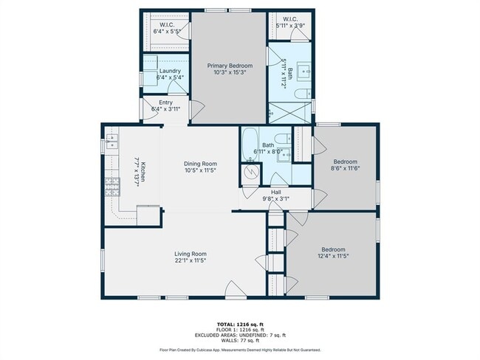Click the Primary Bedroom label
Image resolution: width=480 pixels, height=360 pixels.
[230, 66]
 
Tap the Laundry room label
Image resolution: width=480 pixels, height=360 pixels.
[170, 71]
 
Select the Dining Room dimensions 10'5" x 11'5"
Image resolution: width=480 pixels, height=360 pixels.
[201, 170]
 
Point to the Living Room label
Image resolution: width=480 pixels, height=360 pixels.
[191, 254]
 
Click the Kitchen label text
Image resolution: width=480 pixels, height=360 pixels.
[143, 171]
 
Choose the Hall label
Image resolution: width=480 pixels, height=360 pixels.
[276, 192]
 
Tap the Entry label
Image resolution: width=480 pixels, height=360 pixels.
[165, 103]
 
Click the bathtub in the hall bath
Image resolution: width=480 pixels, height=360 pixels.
[250, 145]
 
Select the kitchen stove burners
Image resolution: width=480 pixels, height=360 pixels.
[112, 187]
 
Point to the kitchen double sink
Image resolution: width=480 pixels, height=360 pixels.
[112, 142]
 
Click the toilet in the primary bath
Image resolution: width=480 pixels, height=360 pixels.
[303, 93]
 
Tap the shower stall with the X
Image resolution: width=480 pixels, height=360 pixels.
[289, 113]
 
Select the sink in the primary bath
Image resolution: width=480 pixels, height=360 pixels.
[304, 71]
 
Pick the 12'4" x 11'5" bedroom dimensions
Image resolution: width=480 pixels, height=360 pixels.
[333, 256]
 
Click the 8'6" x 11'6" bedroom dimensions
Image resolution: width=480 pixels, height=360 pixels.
[346, 168]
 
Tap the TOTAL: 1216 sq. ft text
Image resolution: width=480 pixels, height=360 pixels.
[240, 324]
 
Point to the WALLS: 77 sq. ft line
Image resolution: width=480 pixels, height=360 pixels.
[240, 340]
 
